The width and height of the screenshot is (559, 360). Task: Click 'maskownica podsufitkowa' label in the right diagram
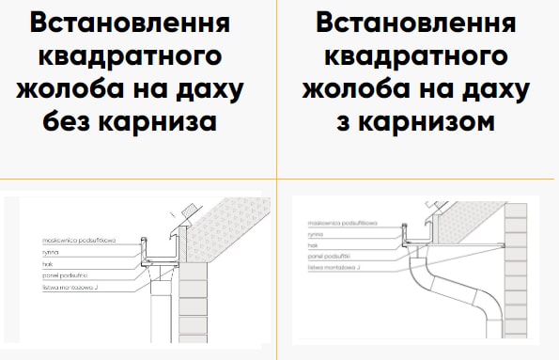coord(343,224)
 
